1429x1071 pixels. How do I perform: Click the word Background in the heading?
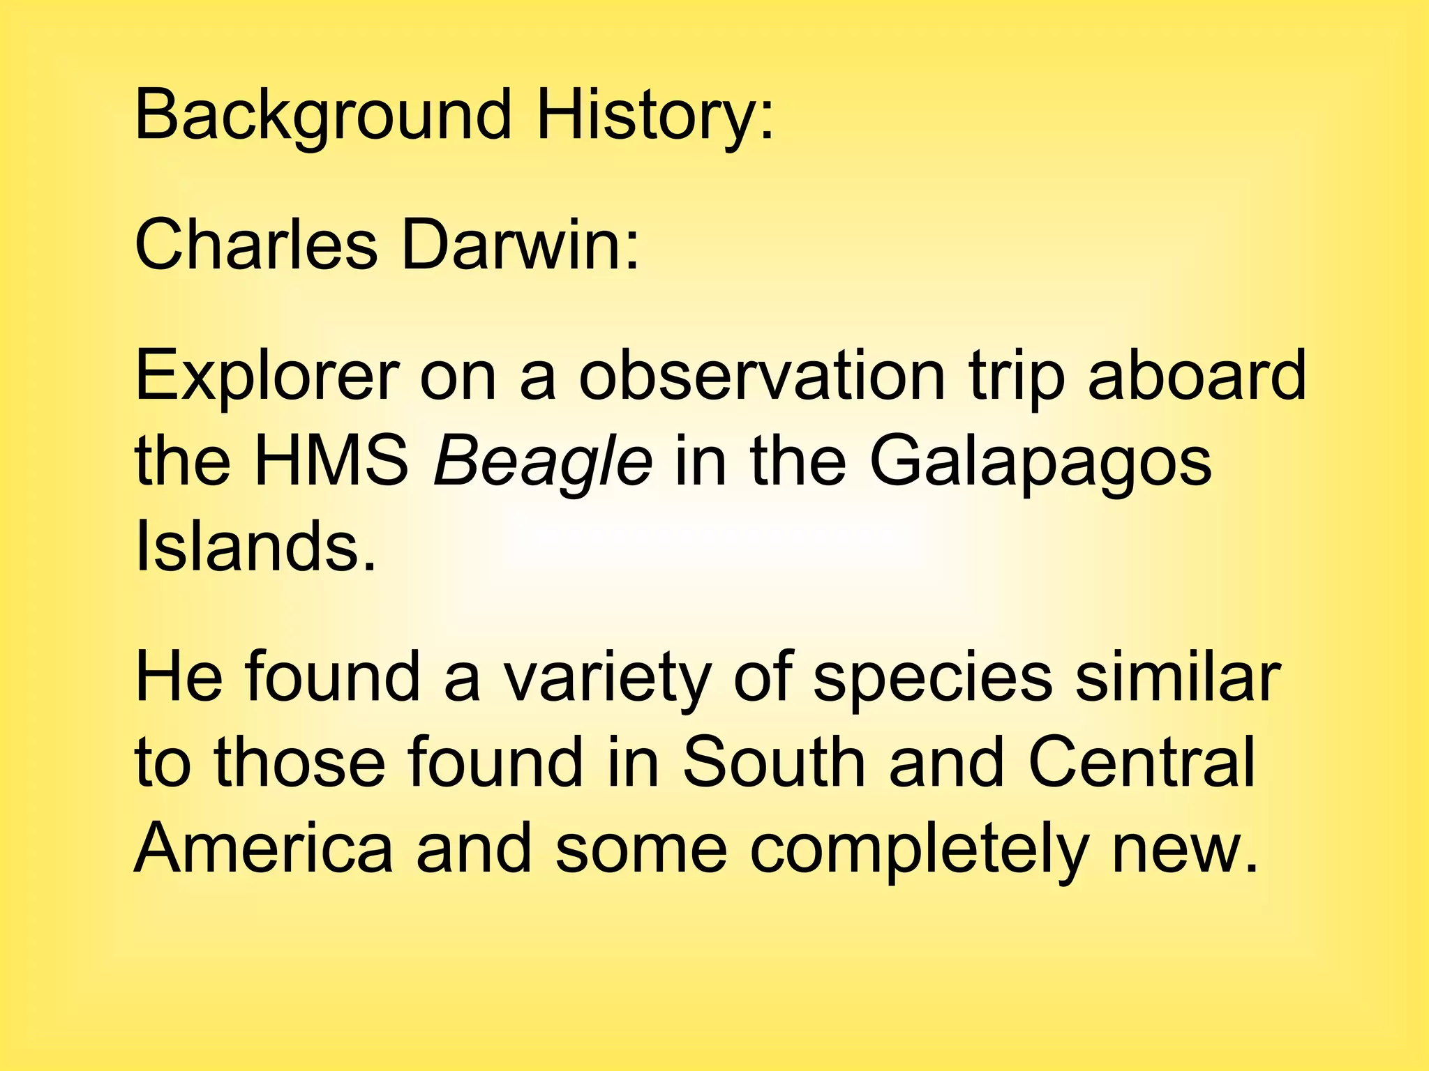click(323, 115)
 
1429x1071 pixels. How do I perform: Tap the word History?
click(654, 115)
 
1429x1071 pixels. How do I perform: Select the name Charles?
click(255, 245)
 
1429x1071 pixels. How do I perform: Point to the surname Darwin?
click(519, 245)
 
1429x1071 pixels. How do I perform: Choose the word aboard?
click(1197, 376)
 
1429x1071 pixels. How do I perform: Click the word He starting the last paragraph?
click(179, 677)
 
